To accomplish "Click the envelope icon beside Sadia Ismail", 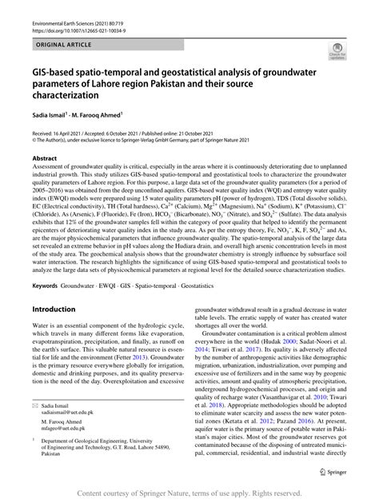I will pos(35,406).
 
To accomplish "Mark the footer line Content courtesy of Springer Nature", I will pos(189,493).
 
